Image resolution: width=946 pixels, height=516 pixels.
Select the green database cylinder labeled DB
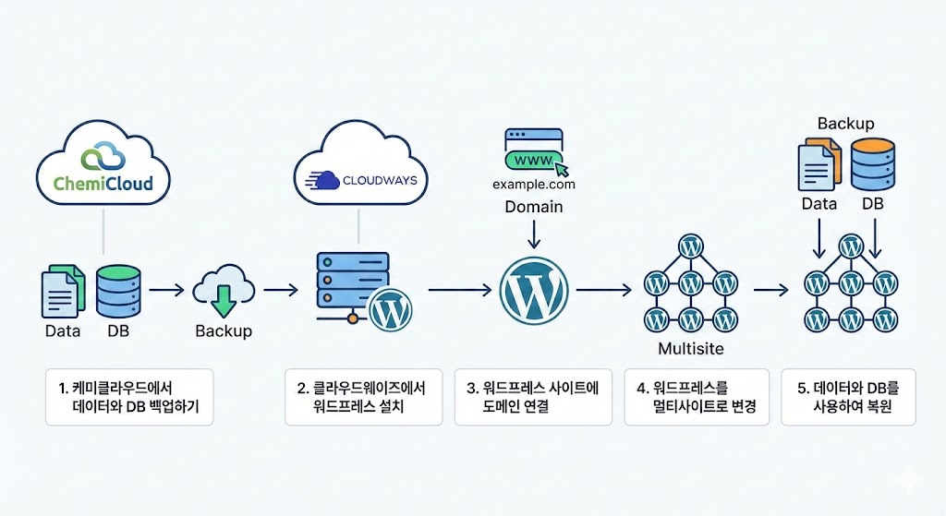(118, 290)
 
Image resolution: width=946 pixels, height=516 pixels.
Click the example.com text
(534, 186)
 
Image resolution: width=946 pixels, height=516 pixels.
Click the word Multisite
(690, 349)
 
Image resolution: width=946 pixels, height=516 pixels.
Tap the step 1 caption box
(129, 397)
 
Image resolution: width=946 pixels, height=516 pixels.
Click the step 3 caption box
(533, 397)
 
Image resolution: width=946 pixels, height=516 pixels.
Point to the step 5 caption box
(848, 397)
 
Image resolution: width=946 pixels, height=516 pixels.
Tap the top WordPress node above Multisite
(689, 246)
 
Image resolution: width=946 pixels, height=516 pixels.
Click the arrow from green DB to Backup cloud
(166, 290)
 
